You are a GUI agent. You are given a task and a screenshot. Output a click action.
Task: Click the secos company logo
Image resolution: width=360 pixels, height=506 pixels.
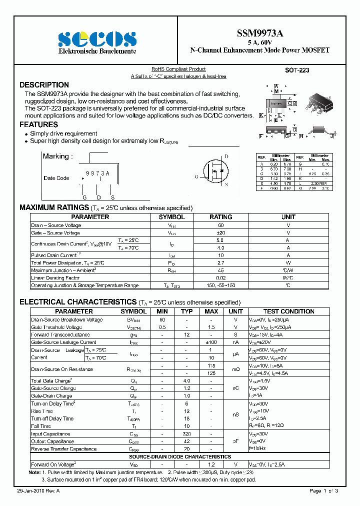pos(97,39)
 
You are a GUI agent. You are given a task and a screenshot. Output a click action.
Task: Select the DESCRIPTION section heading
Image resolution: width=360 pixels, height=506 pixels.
pos(44,85)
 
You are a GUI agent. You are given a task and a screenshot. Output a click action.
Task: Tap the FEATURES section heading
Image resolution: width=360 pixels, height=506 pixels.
pos(38,124)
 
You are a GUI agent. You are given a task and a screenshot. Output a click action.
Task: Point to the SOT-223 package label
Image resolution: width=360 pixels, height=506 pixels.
pos(297,70)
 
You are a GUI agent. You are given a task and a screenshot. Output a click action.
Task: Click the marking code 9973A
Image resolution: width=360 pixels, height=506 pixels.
pos(97,173)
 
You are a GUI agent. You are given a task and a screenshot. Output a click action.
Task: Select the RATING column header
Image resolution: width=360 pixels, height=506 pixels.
pos(220,217)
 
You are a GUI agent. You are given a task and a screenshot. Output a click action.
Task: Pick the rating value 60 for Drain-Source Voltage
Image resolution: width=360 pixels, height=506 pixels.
pos(220,225)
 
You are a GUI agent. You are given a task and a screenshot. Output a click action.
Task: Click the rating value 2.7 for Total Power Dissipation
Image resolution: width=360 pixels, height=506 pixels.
pos(220,262)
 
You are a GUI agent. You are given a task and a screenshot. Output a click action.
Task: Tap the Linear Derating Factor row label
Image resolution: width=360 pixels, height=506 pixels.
pos(55,277)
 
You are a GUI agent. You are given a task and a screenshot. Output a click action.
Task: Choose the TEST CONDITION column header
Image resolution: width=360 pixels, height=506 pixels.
pos(288,311)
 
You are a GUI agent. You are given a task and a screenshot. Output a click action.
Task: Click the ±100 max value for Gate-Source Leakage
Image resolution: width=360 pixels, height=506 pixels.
pos(211,342)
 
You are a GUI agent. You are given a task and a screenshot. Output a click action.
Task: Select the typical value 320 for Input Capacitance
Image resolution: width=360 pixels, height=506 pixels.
pos(186,434)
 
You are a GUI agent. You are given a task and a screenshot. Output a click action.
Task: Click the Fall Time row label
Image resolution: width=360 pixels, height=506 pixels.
pos(41,426)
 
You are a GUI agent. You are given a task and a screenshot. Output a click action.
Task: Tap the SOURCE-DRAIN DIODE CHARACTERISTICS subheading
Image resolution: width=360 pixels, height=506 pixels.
pos(180,456)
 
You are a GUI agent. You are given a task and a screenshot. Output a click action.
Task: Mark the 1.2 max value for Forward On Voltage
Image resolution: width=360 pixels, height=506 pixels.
pos(211,464)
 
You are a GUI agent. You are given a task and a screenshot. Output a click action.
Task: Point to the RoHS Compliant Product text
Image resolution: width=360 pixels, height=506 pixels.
pos(178,69)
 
